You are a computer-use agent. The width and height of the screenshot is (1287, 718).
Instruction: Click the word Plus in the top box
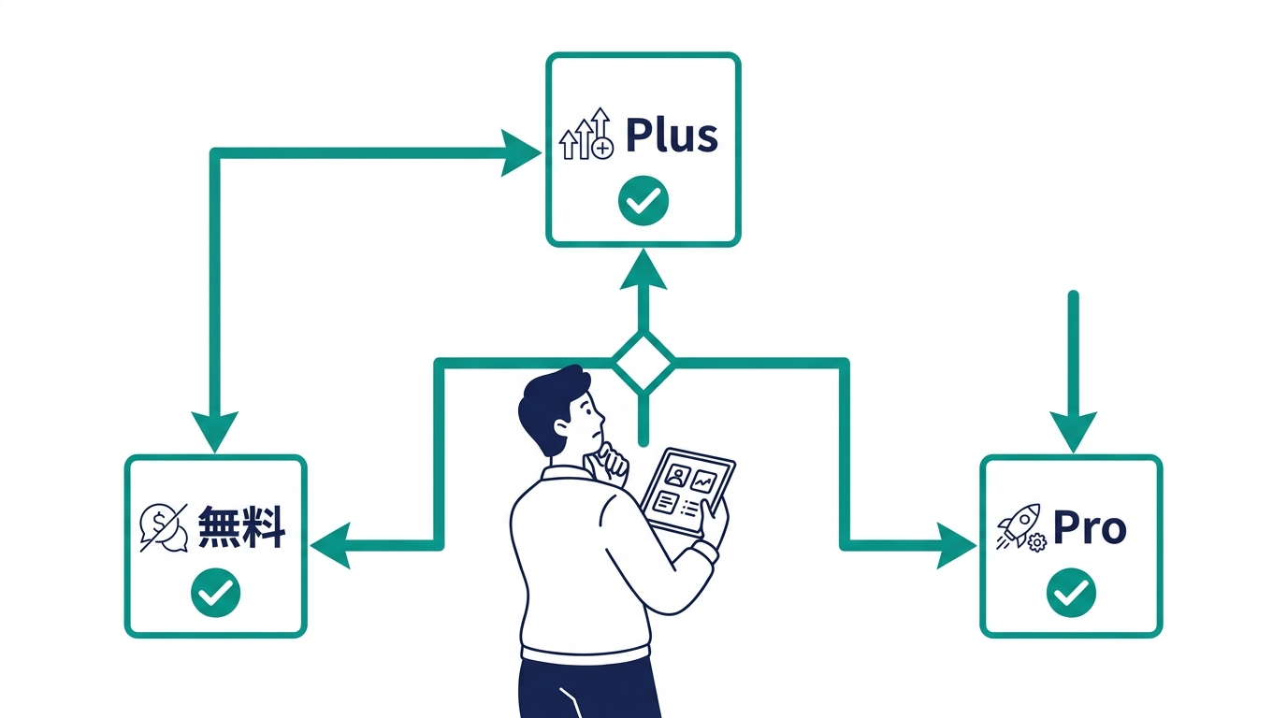tap(672, 136)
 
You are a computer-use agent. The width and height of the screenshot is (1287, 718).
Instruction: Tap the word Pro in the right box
tap(1090, 529)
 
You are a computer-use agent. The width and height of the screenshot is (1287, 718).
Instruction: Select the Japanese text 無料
tap(241, 529)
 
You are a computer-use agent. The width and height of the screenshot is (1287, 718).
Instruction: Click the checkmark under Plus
tap(643, 200)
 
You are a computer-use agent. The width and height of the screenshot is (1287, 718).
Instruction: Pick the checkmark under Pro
tap(1071, 592)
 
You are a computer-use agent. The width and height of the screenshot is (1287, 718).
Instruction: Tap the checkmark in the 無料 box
tap(215, 592)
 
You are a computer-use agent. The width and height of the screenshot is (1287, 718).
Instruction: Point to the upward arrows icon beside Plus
tap(586, 136)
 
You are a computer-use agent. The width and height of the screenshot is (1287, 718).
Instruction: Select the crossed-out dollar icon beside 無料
tap(163, 528)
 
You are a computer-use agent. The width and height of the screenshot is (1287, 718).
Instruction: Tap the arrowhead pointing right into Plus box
tap(518, 151)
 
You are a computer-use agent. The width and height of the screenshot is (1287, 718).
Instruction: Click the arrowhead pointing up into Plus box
tap(643, 268)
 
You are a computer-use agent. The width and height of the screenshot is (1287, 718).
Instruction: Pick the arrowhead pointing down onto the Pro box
tap(1073, 431)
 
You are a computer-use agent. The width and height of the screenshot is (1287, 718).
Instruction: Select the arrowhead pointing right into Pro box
tap(956, 545)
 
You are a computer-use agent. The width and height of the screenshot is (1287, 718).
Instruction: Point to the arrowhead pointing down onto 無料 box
tap(214, 432)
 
